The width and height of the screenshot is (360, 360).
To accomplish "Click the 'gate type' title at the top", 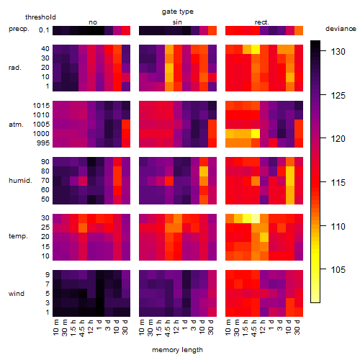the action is tap(178, 12).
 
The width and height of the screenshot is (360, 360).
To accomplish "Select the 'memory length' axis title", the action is tap(177, 350).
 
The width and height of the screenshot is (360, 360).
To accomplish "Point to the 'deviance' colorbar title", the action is tap(341, 29).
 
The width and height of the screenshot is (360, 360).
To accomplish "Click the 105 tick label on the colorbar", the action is tap(338, 269).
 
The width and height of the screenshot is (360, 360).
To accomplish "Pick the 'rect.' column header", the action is tap(262, 22).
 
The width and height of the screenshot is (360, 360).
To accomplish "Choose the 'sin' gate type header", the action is tap(177, 22).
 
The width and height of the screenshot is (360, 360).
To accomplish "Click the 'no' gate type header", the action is tap(93, 22).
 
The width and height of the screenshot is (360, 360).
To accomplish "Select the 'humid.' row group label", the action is tap(20, 181).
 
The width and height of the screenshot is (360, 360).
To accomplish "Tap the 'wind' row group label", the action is tap(17, 294).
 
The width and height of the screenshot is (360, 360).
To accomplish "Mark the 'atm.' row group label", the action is tap(16, 125).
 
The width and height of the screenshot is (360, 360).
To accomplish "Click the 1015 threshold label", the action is tap(41, 106).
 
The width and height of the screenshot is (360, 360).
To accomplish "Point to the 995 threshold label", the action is tap(43, 143).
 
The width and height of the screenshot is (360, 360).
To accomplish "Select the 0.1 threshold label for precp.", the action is tap(44, 30).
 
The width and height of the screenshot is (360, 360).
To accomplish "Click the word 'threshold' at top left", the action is tap(40, 17).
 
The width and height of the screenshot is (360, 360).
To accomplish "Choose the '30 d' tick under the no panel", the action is tap(125, 327).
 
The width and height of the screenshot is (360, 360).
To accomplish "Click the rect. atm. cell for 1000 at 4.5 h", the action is tap(256, 134).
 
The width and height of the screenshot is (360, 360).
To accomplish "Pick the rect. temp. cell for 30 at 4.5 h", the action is tap(256, 218).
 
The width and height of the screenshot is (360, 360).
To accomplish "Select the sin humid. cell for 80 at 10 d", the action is tap(204, 171).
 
